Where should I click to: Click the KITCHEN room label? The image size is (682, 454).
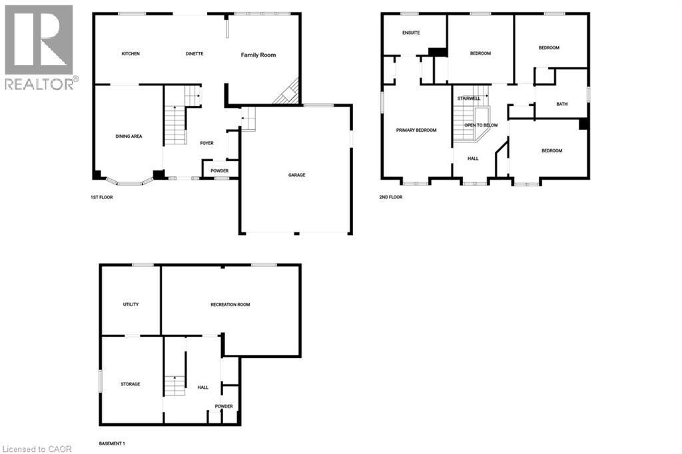131,54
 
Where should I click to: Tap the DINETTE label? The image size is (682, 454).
194,54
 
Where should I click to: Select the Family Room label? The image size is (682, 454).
258,55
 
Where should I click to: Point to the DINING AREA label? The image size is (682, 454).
129,136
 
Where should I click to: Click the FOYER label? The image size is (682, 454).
207,143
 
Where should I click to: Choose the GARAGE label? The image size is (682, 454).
296,175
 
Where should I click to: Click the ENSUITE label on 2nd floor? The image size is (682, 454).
411,33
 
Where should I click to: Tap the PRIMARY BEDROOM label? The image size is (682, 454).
416,130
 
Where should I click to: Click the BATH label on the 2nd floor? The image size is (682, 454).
562,104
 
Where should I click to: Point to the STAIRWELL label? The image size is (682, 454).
469,99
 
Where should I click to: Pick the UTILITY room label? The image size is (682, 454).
131,304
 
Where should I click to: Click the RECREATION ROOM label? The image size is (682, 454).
230,304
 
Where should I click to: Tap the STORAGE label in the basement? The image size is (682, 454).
131,384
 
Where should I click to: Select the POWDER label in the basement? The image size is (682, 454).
224,406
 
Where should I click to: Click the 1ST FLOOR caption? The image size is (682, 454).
102,197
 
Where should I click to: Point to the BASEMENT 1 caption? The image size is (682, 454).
112,443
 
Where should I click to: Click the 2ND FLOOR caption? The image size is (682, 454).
392,197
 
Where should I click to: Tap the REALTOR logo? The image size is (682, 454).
40,47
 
